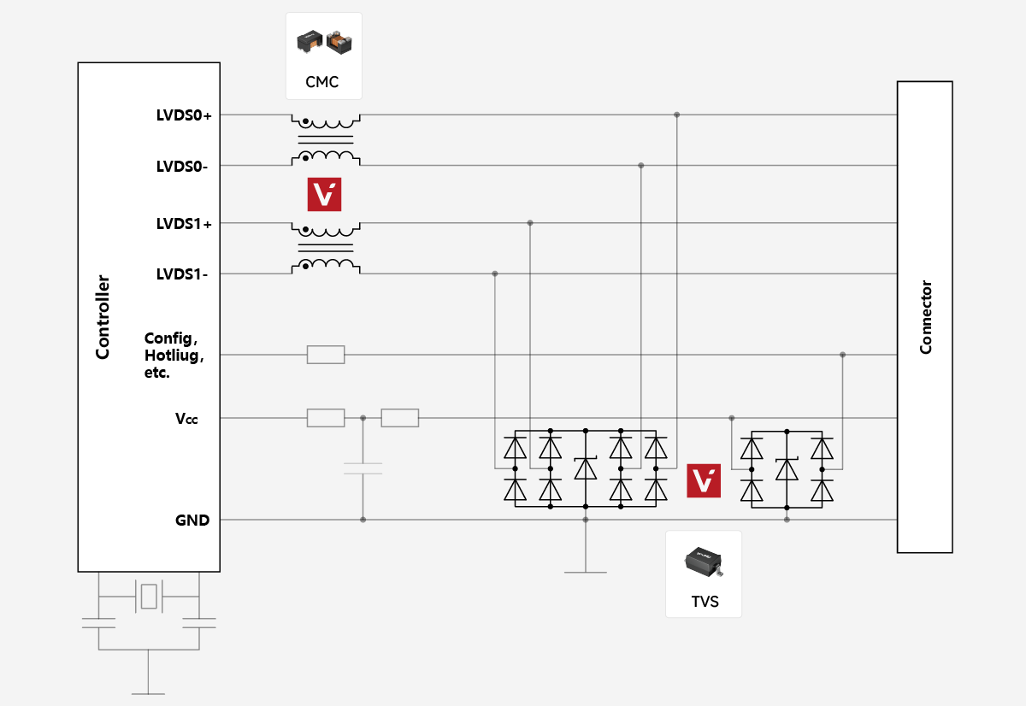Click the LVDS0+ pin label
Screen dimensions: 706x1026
click(x=184, y=115)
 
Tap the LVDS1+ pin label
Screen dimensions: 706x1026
click(x=184, y=224)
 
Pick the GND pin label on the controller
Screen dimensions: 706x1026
click(x=192, y=520)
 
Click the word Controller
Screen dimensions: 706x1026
click(x=103, y=317)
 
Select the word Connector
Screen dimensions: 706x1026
click(x=925, y=317)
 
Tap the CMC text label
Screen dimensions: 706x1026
click(x=322, y=83)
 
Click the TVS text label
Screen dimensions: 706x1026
click(x=705, y=602)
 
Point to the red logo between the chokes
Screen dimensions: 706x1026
click(x=324, y=195)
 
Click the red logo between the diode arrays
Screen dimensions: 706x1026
click(x=704, y=481)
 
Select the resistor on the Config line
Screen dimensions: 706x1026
click(x=326, y=355)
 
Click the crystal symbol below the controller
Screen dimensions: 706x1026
click(x=150, y=596)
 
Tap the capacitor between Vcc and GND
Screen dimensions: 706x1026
click(x=363, y=468)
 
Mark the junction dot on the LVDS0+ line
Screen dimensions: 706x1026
click(x=676, y=115)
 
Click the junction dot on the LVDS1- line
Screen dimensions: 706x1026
click(x=495, y=274)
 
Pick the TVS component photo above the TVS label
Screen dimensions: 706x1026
click(x=704, y=562)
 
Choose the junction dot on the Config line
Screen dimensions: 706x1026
click(x=842, y=355)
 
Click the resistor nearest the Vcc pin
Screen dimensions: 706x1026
click(x=326, y=418)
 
